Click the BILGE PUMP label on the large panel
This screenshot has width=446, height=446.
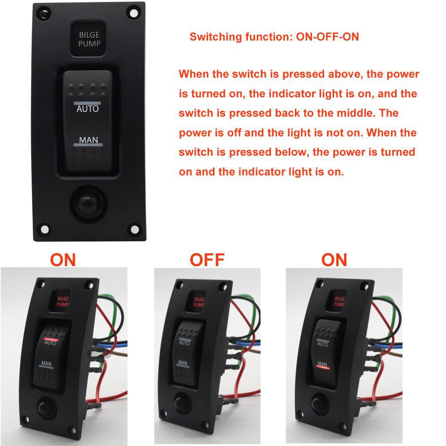click(89, 39)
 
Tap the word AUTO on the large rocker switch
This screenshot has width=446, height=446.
click(88, 109)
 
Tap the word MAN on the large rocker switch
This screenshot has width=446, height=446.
click(88, 140)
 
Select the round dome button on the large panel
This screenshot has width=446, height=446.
click(88, 203)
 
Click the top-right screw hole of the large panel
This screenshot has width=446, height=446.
click(134, 13)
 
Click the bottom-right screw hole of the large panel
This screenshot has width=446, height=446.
click(135, 229)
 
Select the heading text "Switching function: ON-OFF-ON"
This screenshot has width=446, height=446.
click(274, 37)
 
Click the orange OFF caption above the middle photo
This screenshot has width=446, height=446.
click(207, 260)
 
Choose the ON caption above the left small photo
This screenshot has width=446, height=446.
click(63, 260)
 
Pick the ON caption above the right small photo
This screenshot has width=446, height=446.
click(334, 260)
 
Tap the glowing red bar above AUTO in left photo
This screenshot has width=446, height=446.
click(51, 339)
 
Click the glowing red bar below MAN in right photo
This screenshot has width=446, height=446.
click(323, 368)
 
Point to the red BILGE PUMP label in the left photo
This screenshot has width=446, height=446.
click(63, 301)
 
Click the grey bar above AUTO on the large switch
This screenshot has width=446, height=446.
click(87, 103)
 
